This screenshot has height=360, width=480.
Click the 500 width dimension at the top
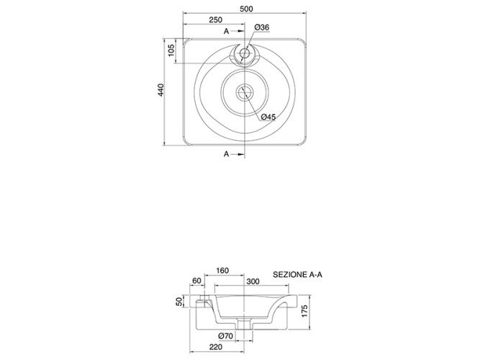point(246,9)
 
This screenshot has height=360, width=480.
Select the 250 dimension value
point(215,20)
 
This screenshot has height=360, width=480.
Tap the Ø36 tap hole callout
point(262,27)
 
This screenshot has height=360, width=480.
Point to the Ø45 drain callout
point(268,117)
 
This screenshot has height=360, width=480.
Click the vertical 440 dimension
point(161,90)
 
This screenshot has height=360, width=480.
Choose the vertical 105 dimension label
point(171,50)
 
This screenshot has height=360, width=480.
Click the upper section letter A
point(226,31)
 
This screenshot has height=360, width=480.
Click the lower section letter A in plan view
point(226,154)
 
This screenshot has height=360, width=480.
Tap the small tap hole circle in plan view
point(245,53)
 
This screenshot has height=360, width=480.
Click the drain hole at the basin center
point(245,91)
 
